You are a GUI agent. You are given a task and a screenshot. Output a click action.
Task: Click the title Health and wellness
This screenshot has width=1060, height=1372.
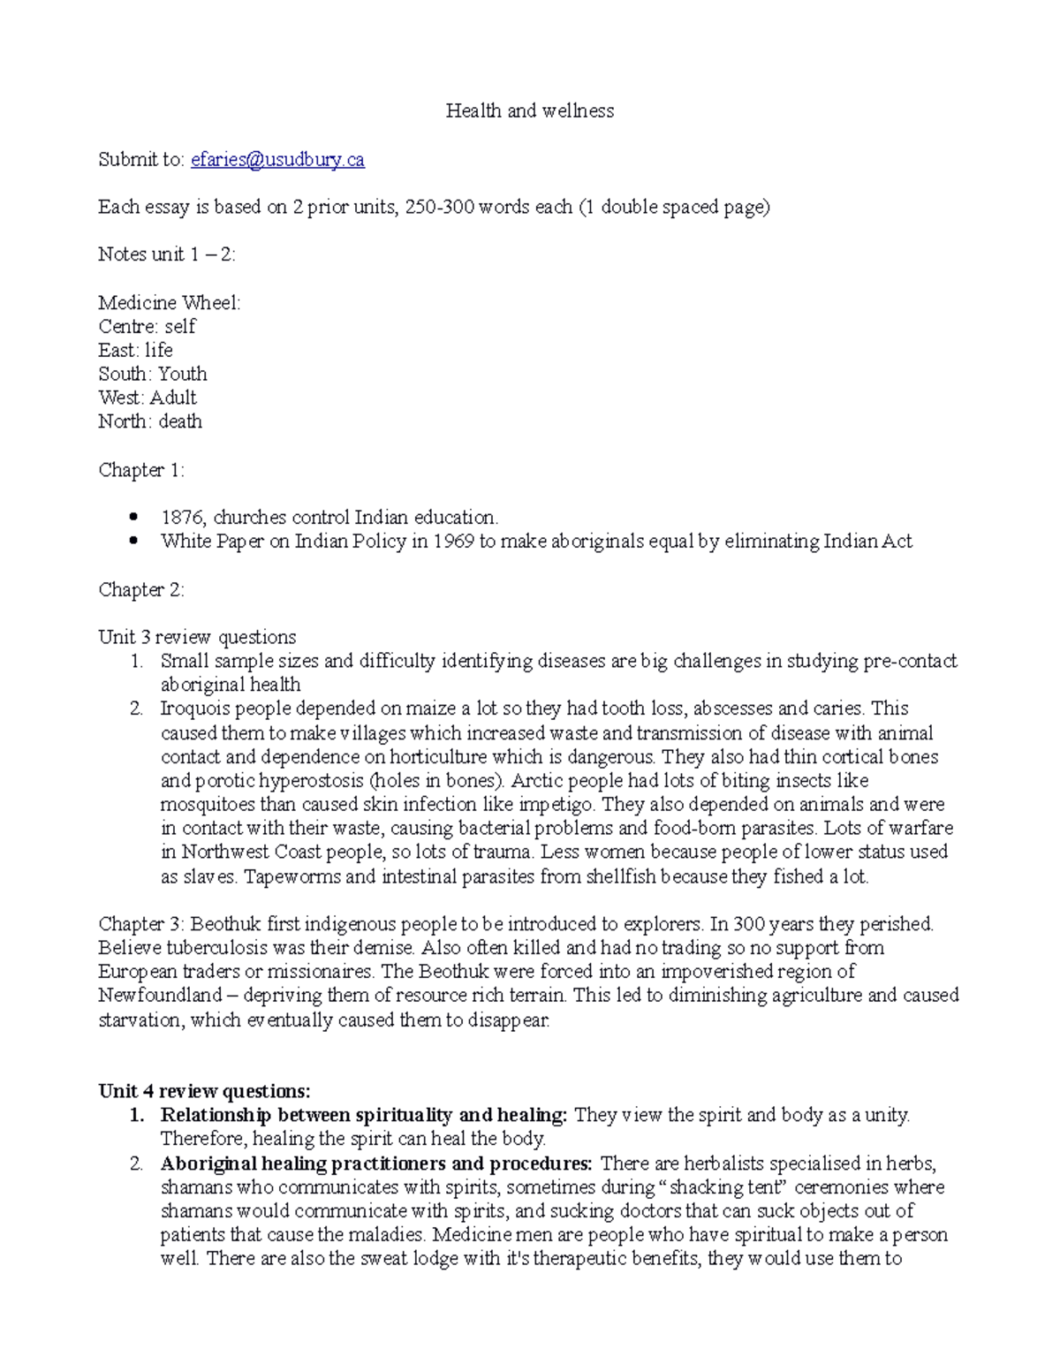(529, 110)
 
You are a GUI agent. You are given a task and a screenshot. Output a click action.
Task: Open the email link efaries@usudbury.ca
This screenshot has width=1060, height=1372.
(277, 159)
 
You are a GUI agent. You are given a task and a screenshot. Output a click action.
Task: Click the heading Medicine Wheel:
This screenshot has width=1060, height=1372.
(169, 302)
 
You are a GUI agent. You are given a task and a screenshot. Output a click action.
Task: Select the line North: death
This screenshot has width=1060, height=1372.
(150, 421)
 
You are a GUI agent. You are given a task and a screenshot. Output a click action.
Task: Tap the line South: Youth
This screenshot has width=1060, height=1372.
(153, 374)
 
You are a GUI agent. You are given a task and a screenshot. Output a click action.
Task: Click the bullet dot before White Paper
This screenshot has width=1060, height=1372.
(133, 541)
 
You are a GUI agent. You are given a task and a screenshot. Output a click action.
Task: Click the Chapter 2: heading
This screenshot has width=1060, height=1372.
(141, 589)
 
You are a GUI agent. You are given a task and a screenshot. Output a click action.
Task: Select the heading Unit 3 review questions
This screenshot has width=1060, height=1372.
(197, 637)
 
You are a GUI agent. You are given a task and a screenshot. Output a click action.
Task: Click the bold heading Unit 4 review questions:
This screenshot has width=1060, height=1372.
(204, 1091)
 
